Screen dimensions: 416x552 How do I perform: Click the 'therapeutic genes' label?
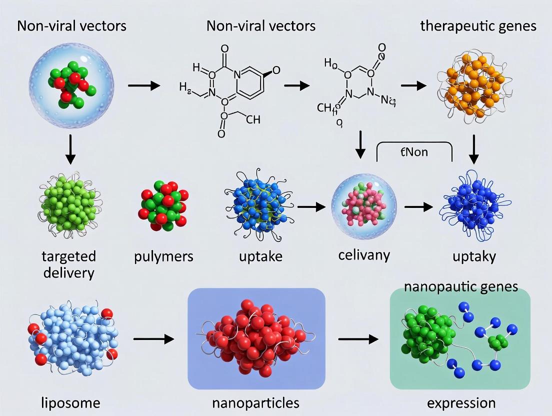click(x=478, y=25)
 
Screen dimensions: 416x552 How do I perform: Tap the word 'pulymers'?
click(x=163, y=257)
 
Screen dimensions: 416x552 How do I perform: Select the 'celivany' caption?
click(x=364, y=254)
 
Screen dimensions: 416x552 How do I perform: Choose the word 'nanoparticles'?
click(x=256, y=402)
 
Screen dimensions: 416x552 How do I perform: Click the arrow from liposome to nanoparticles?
click(x=153, y=339)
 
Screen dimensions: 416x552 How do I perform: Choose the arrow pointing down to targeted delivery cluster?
click(x=70, y=150)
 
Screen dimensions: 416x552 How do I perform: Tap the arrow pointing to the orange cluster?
click(x=413, y=86)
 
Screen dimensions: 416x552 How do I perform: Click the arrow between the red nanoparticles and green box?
click(x=358, y=339)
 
